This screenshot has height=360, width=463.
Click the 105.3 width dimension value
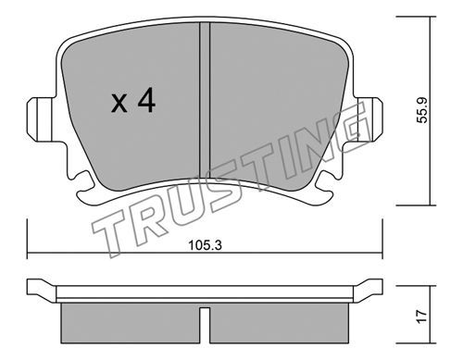tap(206, 245)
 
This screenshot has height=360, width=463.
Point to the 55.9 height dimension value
tap(422, 110)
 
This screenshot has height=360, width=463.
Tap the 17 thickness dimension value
tap(422, 317)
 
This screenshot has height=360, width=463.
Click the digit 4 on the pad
tap(146, 100)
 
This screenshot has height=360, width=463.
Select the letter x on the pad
tap(119, 104)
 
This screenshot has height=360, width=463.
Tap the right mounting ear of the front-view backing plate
tap(368, 119)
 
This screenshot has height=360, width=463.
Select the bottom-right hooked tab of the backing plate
tap(324, 188)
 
